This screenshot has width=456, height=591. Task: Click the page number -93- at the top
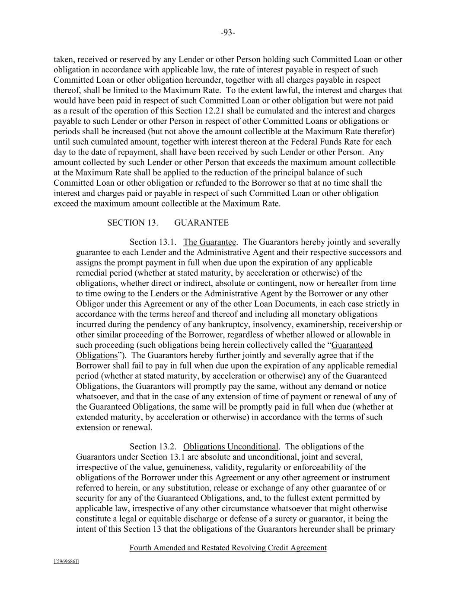point(228,32)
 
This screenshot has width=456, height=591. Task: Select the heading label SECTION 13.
point(132,223)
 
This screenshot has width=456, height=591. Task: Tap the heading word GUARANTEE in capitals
point(201,223)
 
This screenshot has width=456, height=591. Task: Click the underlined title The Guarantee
point(210,242)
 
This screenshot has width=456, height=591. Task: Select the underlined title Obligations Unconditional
point(230,447)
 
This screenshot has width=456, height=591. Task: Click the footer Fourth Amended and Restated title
point(228,548)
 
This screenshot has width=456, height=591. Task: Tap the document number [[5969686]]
point(66,562)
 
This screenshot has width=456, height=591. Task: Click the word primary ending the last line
point(381,530)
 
